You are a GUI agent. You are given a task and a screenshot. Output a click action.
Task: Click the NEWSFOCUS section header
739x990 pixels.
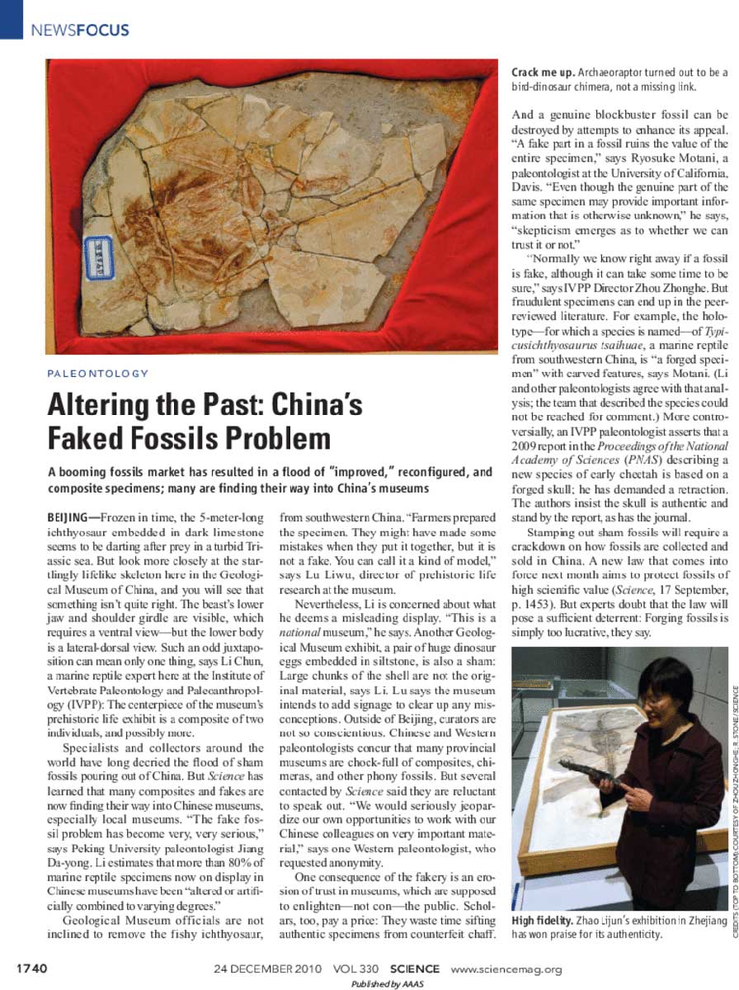tap(79, 31)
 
